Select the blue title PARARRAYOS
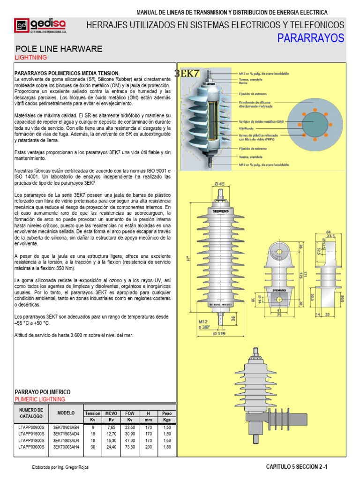(311, 38)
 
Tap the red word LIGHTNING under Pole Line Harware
(31, 57)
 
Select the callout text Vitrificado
(247, 128)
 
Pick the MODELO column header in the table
(66, 413)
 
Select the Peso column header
(167, 413)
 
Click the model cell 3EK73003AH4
(66, 447)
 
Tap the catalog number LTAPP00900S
(31, 427)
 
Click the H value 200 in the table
(148, 447)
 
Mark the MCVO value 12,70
(111, 434)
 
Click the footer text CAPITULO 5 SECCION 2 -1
(297, 467)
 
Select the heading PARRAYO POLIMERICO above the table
(43, 391)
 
